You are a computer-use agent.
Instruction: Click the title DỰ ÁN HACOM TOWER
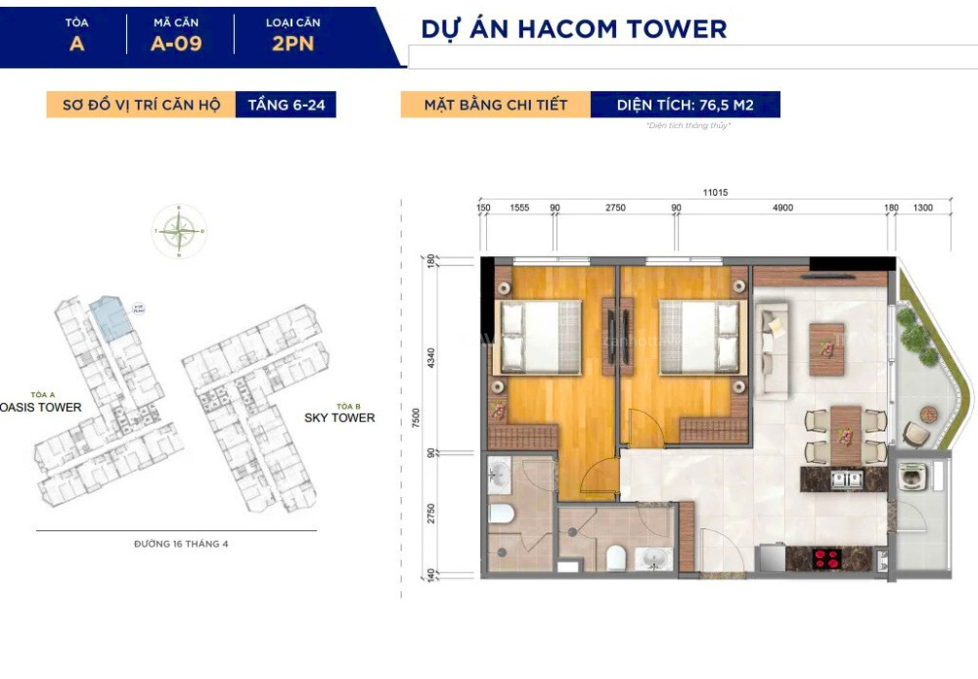(x=573, y=29)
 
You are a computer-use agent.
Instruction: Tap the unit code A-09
(x=176, y=43)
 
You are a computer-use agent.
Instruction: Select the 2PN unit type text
(x=292, y=43)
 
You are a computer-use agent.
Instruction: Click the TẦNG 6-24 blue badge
(x=286, y=105)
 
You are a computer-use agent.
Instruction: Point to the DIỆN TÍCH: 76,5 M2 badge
(x=685, y=105)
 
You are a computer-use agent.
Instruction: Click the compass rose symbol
(x=178, y=232)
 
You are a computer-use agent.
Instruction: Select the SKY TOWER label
(x=339, y=418)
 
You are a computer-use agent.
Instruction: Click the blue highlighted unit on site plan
(x=110, y=320)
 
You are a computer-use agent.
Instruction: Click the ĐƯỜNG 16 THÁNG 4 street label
(x=181, y=544)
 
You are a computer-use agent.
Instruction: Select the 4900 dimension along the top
(x=781, y=208)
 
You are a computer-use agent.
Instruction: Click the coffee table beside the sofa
(x=827, y=343)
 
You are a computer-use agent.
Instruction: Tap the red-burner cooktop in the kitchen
(x=827, y=560)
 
